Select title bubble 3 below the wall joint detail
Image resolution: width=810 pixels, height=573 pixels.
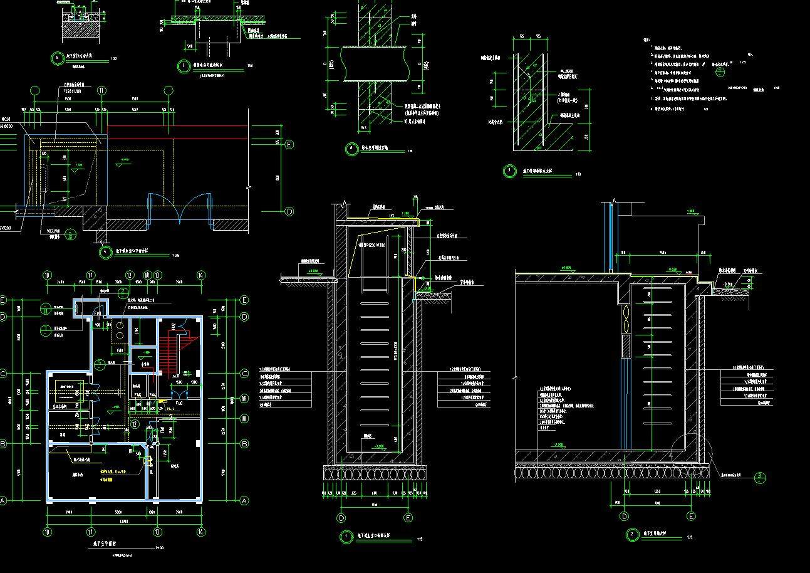(509, 171)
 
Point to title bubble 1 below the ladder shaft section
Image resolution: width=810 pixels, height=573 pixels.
(346, 537)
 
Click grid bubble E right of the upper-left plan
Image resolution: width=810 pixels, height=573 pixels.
(289, 145)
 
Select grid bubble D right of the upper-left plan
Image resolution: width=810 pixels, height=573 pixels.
(289, 212)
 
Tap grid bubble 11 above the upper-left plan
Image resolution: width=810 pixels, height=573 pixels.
(102, 90)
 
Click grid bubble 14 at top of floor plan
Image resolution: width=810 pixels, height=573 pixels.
(201, 275)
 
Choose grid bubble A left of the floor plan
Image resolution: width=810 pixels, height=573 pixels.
(3, 500)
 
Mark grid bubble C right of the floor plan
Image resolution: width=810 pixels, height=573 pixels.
(244, 374)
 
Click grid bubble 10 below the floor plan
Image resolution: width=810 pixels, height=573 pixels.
(47, 532)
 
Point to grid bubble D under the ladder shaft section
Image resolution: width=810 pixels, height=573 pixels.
(341, 518)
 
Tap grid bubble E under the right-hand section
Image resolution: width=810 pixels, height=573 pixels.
(692, 517)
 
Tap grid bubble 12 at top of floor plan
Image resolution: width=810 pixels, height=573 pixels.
(129, 275)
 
